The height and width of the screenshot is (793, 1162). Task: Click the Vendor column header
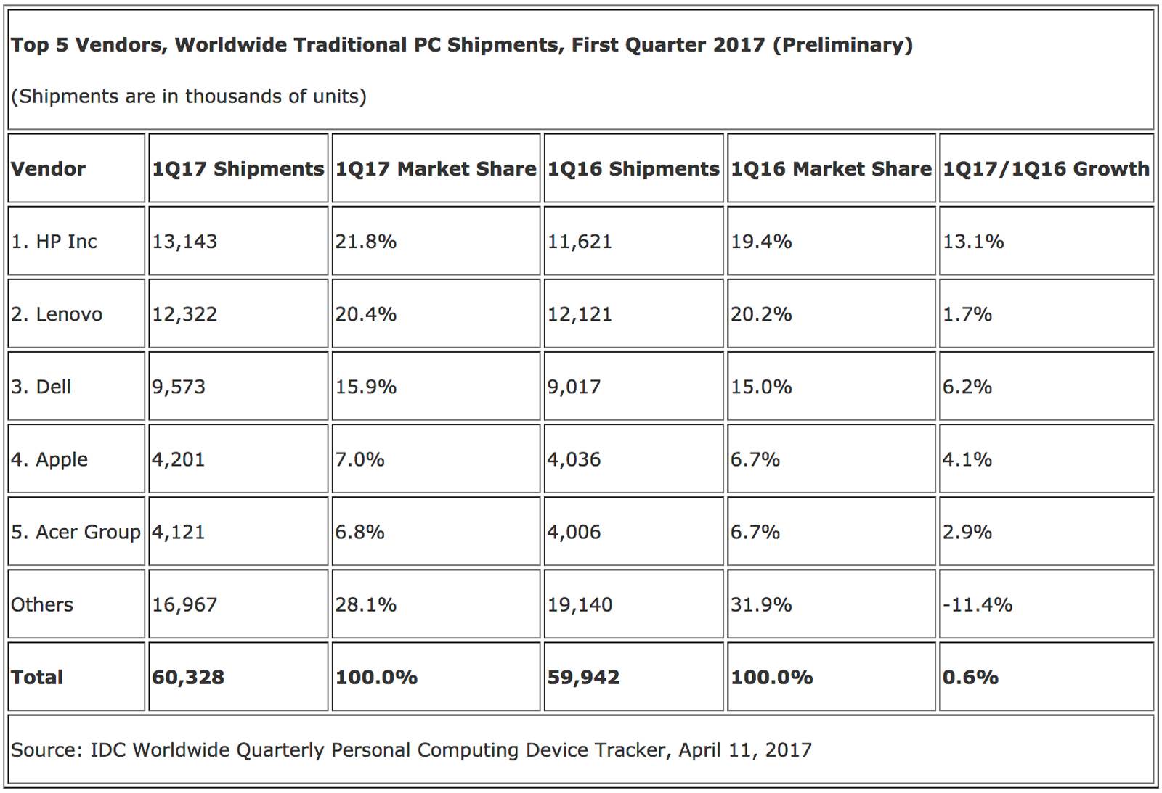click(48, 169)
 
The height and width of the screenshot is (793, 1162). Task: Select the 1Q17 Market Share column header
click(436, 169)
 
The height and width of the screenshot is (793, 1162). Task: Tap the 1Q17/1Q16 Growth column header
click(1046, 169)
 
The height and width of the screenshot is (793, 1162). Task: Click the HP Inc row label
click(54, 242)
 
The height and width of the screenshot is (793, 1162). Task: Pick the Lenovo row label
click(57, 314)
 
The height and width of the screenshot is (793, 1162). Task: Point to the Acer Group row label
click(76, 532)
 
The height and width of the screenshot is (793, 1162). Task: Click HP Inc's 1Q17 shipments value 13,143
click(184, 242)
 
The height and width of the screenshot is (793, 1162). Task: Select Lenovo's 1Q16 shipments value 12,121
click(580, 314)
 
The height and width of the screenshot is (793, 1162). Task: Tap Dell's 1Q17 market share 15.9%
click(365, 387)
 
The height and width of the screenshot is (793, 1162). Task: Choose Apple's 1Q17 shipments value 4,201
click(178, 459)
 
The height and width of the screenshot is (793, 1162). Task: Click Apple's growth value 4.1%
click(967, 459)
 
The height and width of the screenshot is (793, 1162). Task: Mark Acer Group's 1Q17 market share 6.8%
click(359, 532)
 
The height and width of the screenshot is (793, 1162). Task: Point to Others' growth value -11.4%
click(977, 604)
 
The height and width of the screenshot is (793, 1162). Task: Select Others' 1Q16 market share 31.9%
click(761, 604)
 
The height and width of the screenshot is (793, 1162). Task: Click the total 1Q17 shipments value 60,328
click(188, 678)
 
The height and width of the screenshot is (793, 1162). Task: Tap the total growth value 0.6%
click(970, 678)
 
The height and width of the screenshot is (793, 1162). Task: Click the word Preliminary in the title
click(842, 45)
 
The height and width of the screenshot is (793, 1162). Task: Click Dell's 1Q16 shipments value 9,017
click(574, 387)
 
